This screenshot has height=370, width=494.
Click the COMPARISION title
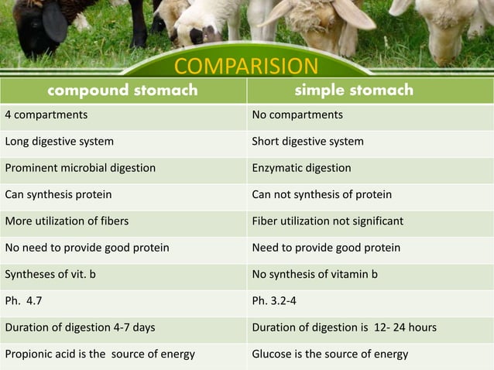(x=245, y=66)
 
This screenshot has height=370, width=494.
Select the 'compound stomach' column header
(x=122, y=91)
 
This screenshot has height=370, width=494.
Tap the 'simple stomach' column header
(x=354, y=91)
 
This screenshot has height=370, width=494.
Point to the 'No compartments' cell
(x=297, y=115)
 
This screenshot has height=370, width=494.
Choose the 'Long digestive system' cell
(x=60, y=142)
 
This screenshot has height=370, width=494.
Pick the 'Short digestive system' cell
(x=307, y=142)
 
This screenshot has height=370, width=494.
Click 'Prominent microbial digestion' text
(x=81, y=168)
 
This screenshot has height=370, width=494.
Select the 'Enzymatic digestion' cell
(x=301, y=168)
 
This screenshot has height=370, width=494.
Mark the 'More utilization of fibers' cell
(x=67, y=221)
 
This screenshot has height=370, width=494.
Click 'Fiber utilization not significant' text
(x=328, y=221)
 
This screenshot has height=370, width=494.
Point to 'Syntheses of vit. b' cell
(x=50, y=274)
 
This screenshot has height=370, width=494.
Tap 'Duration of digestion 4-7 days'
(x=80, y=327)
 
